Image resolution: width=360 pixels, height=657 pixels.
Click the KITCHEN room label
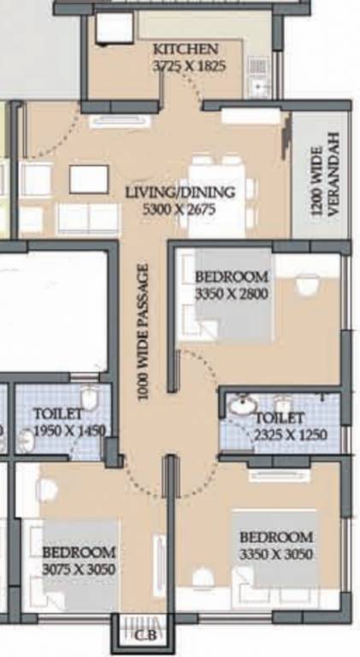point(186,49)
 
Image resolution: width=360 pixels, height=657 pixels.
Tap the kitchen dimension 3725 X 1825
point(189,64)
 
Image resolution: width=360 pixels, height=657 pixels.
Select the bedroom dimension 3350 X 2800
point(232,293)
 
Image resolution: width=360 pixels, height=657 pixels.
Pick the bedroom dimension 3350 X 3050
point(276,553)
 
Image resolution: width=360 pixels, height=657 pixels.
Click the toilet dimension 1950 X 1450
point(68,431)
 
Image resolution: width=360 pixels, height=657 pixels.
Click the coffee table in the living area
point(88,179)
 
